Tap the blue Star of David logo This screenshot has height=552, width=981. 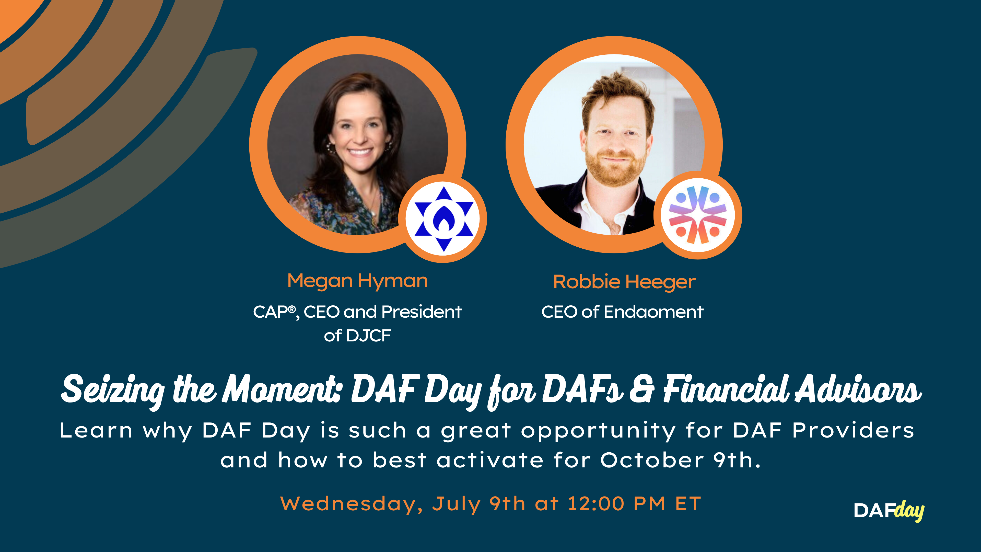[444, 219]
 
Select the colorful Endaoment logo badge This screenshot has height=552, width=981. [698, 215]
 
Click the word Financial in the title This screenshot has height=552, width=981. [726, 389]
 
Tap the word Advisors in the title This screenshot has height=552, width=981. [858, 389]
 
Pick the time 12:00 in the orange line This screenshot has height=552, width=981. [596, 504]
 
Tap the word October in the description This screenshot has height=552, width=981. [652, 460]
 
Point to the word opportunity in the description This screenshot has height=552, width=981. [598, 431]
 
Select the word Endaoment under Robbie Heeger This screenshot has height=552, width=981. [653, 312]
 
